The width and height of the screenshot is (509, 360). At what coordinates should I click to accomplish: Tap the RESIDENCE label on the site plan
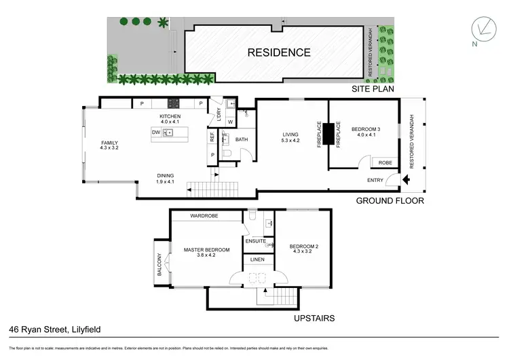[x=279, y=52]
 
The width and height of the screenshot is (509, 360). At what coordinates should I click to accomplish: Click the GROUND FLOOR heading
[x=391, y=201]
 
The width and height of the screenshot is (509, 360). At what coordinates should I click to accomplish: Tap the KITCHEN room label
[x=170, y=116]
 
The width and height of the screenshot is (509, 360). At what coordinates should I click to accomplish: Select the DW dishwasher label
[x=155, y=132]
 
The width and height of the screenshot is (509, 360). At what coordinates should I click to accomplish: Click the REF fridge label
[x=212, y=136]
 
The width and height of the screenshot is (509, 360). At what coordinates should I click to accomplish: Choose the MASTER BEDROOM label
[x=207, y=250]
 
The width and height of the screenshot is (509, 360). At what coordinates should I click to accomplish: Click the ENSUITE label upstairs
[x=255, y=241]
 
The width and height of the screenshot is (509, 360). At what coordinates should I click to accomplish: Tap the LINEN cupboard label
[x=257, y=260]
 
